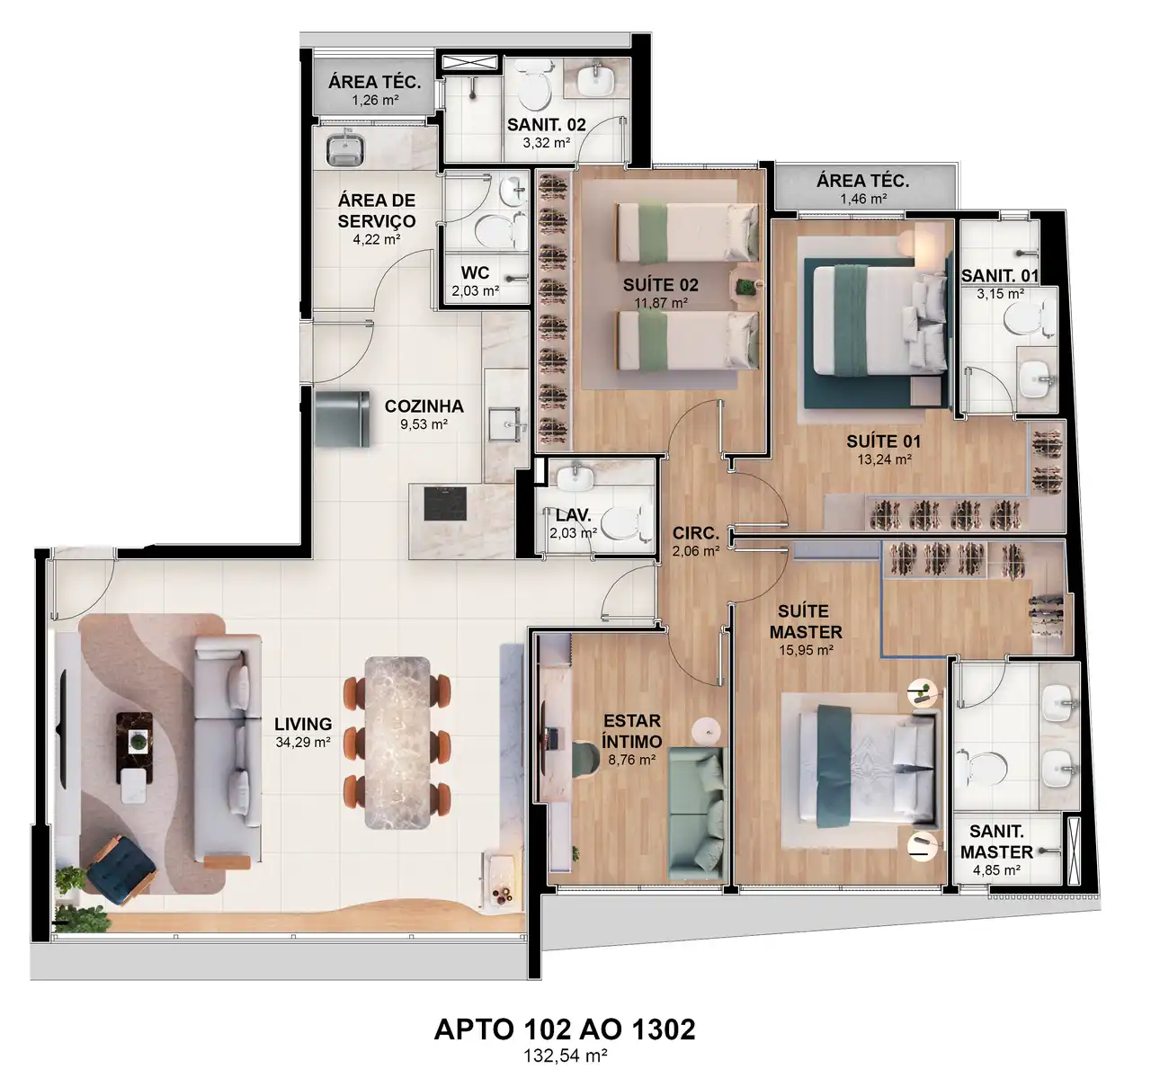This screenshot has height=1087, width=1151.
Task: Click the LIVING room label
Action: [x=303, y=724]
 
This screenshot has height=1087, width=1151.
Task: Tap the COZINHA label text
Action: [x=424, y=405]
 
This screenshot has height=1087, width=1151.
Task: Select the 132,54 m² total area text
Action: [x=565, y=1056]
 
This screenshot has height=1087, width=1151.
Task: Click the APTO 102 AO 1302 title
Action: [x=565, y=1029]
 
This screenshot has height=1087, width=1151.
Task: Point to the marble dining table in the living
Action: [x=397, y=743]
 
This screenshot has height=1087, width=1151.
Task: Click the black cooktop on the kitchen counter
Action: [x=445, y=503]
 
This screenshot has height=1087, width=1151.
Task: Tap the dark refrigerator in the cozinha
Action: [x=343, y=419]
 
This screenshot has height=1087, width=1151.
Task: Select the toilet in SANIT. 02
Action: [x=534, y=85]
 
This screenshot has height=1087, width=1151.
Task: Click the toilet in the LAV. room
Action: [x=622, y=522]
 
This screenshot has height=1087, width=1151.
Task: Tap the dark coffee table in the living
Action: [x=135, y=748]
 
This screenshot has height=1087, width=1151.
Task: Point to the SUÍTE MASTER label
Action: [x=806, y=621]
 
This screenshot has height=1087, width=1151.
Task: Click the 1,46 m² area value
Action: [x=863, y=199]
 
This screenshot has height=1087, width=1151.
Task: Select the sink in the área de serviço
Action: [x=346, y=150]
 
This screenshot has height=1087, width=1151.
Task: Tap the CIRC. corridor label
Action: [x=695, y=532]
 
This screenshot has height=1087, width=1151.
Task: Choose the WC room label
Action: [x=475, y=272]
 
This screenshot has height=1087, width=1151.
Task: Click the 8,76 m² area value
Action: [x=632, y=760]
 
